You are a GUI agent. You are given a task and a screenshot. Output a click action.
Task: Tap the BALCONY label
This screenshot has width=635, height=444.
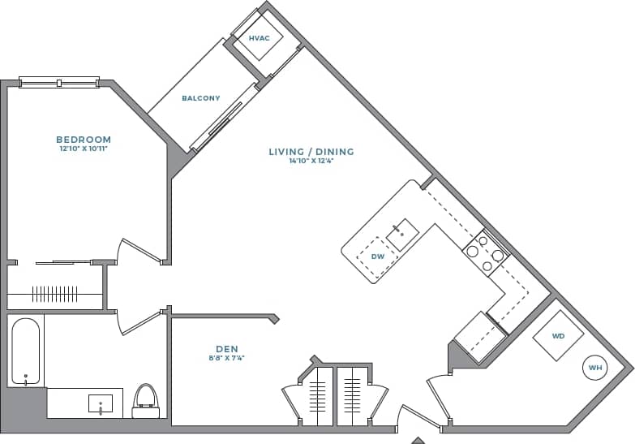click(200, 98)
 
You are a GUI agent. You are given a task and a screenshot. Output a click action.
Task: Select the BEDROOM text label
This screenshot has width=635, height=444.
click(84, 140)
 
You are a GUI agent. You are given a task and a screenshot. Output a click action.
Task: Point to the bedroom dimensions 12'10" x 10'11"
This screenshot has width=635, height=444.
click(84, 149)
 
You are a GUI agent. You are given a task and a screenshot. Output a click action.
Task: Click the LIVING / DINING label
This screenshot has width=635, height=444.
click(311, 152)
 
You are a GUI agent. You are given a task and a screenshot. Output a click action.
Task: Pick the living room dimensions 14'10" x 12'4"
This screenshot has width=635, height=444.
click(311, 162)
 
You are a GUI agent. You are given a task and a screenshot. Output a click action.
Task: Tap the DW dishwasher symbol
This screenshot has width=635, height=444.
click(376, 256)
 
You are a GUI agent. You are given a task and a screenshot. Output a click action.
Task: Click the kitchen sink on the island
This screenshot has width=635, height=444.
click(401, 234)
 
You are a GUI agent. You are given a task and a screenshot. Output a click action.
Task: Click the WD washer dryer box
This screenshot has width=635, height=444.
click(557, 336)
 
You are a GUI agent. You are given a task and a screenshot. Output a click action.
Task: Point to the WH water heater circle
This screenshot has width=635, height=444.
click(596, 369)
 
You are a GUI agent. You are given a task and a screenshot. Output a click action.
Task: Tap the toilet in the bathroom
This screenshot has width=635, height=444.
click(146, 401)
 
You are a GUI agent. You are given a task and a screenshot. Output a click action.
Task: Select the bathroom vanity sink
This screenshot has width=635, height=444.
click(100, 403)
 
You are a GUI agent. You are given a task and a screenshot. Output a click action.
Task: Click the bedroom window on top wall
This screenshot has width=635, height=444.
click(58, 81)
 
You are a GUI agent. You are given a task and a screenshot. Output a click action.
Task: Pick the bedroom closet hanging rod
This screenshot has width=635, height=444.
click(55, 294)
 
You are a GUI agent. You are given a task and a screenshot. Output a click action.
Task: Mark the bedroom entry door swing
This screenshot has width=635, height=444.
click(136, 250)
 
